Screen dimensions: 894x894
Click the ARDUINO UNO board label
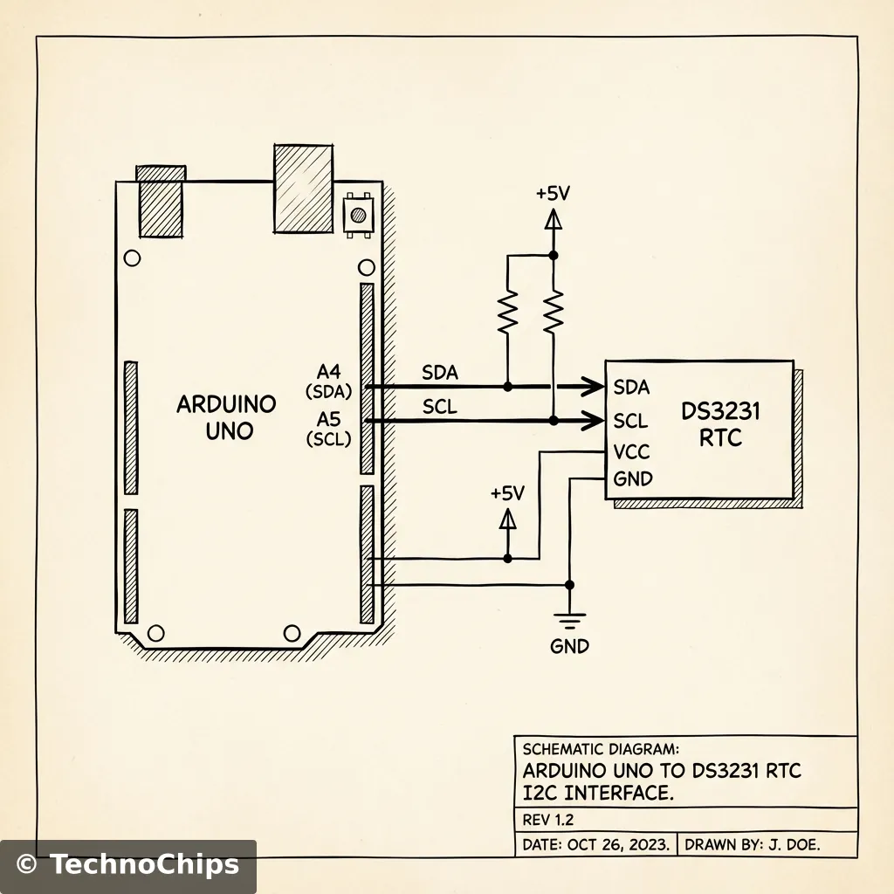(226, 417)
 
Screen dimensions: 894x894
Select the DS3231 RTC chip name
(720, 424)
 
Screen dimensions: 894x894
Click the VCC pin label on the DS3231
(632, 452)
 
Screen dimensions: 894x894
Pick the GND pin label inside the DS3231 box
(633, 478)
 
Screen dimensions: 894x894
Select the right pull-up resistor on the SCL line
(553, 313)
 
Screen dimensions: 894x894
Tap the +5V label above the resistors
(553, 194)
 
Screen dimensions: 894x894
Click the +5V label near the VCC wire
(507, 493)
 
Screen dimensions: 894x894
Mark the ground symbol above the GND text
(569, 622)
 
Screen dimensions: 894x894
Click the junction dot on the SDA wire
(507, 385)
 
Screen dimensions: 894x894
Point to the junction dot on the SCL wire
(553, 421)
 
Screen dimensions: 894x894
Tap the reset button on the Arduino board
(356, 214)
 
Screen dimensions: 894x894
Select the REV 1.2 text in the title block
(547, 821)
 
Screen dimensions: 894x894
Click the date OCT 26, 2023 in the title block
(618, 844)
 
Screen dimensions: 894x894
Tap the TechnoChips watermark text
(143, 864)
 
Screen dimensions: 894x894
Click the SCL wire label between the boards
(439, 407)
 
